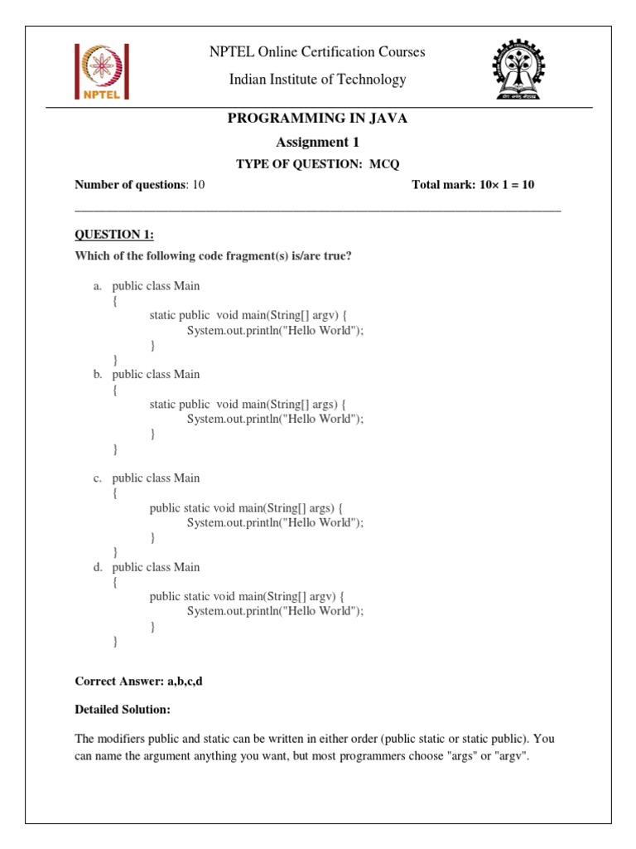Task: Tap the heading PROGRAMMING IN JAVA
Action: click(317, 119)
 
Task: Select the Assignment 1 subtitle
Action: click(317, 142)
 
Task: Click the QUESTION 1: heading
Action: click(114, 235)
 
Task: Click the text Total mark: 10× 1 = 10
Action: click(473, 185)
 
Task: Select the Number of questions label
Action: click(129, 185)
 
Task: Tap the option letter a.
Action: click(97, 286)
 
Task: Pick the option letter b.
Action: click(97, 375)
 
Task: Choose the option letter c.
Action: click(97, 478)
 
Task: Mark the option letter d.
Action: click(97, 567)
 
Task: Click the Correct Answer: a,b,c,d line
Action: click(138, 681)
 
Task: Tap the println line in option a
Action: click(275, 330)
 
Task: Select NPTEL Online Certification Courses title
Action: click(317, 52)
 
